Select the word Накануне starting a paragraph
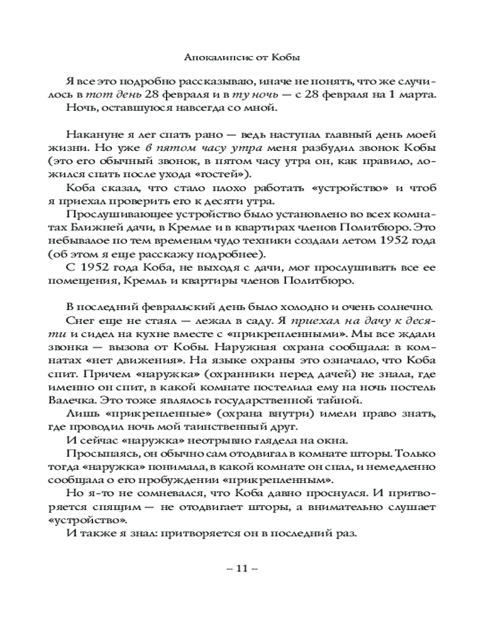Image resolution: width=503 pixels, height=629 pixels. tap(90, 135)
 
